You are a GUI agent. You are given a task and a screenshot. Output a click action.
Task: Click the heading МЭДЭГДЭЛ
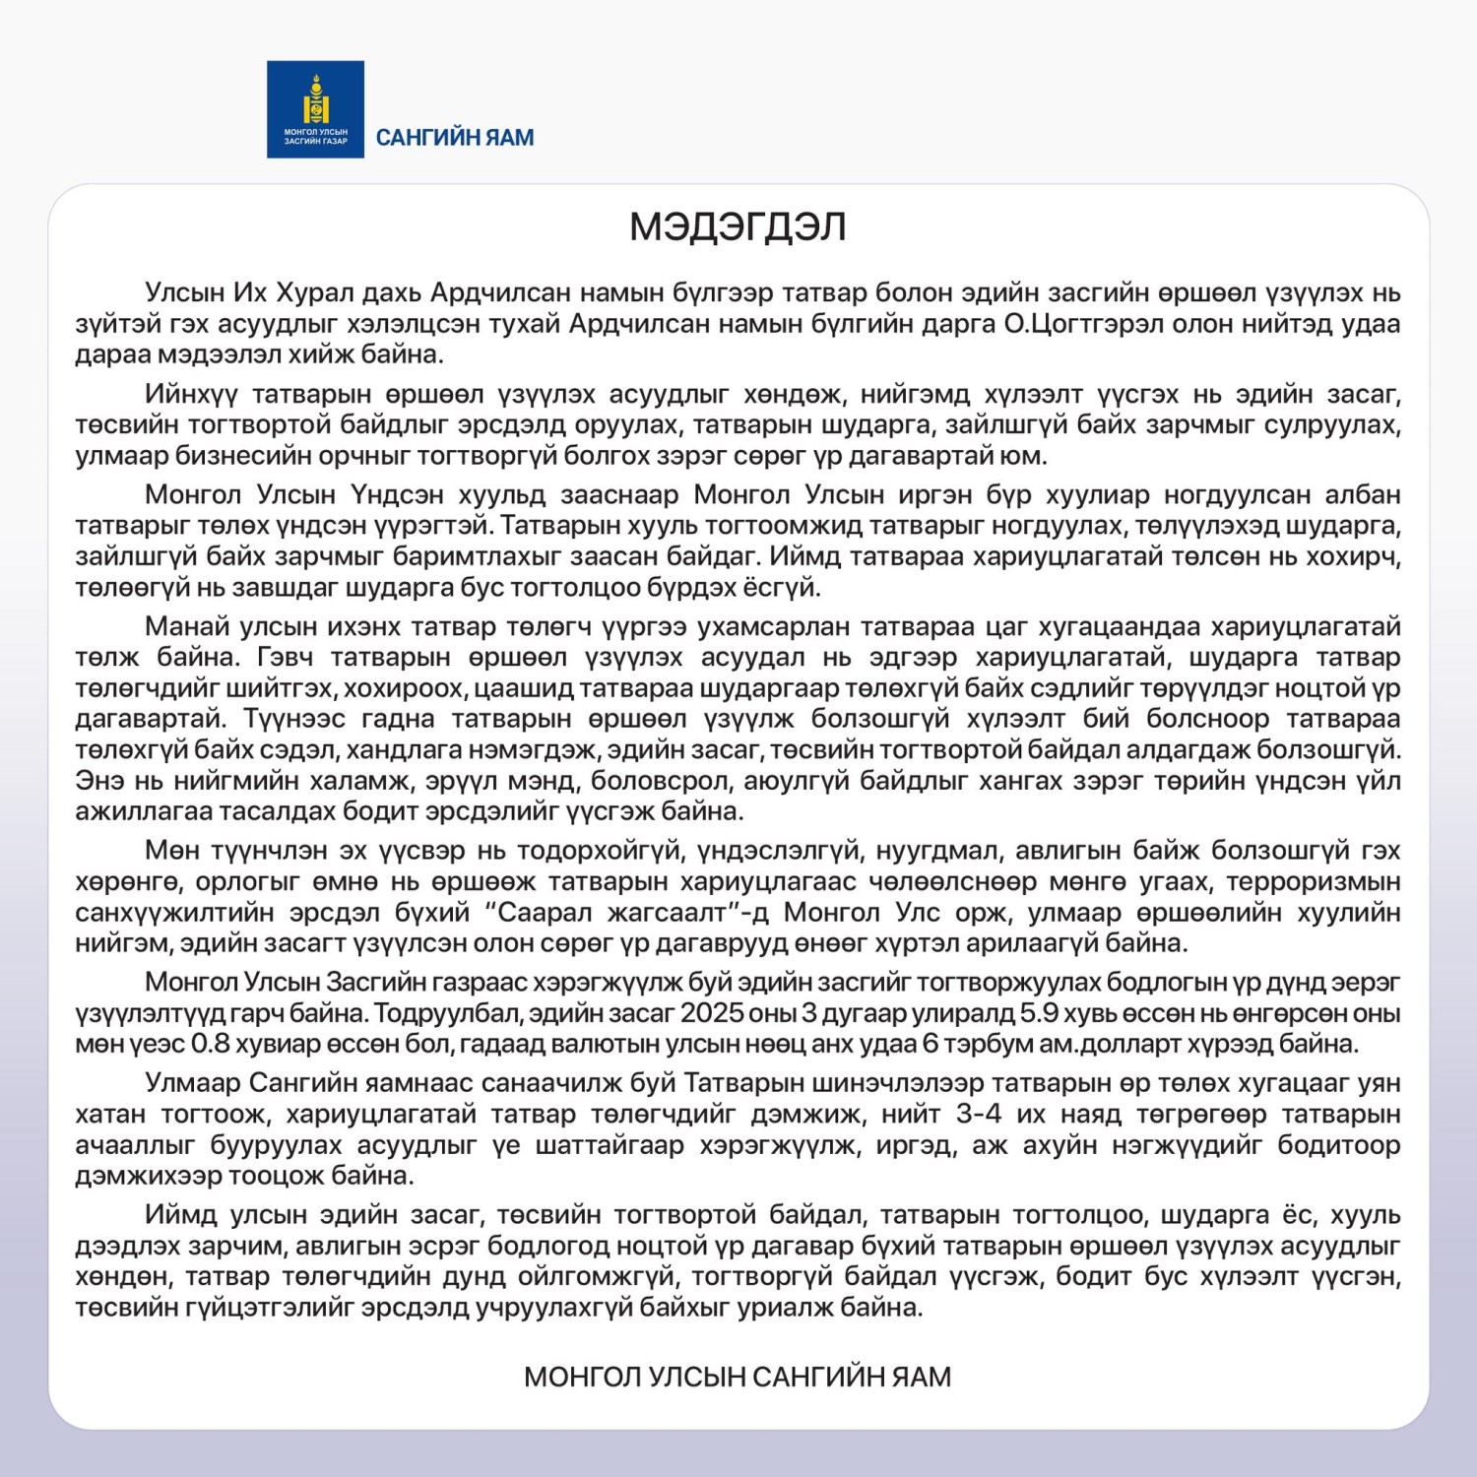click(738, 227)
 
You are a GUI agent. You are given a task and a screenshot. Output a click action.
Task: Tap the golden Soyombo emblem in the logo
click(315, 98)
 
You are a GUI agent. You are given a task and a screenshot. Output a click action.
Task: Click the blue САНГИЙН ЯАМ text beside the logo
click(455, 138)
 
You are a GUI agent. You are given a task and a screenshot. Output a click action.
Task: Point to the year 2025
click(712, 1013)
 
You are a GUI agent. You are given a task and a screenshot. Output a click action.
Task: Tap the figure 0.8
click(211, 1044)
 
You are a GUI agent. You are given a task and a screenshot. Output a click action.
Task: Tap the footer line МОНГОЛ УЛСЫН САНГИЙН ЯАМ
click(738, 1377)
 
